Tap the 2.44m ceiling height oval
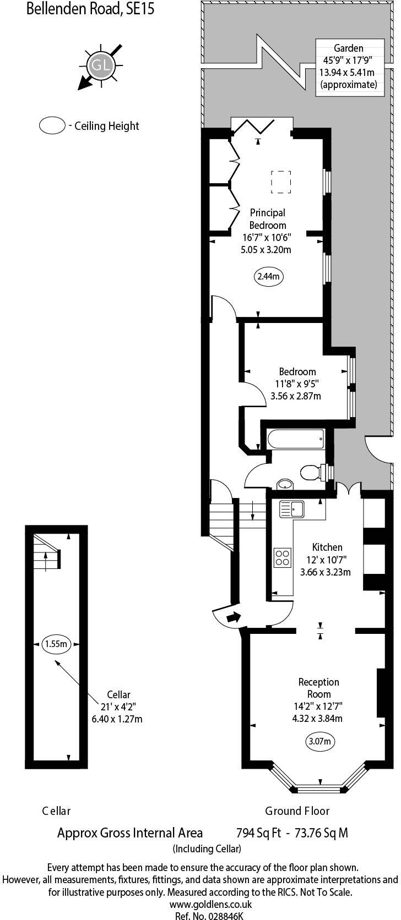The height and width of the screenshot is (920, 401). click(268, 276)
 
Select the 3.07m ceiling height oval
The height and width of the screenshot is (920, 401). click(320, 741)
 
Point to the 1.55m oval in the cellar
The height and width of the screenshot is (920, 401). click(56, 643)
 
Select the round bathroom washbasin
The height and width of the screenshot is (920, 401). click(285, 484)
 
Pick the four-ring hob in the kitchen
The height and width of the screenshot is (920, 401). click(283, 557)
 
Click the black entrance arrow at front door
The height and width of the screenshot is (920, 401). click(234, 617)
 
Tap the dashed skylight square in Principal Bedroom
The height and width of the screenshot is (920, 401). click(281, 182)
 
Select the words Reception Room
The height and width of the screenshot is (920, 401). click(318, 688)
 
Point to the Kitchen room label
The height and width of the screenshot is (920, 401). click(327, 547)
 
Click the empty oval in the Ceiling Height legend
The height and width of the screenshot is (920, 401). click(52, 125)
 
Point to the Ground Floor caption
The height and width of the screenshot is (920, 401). click(297, 811)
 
